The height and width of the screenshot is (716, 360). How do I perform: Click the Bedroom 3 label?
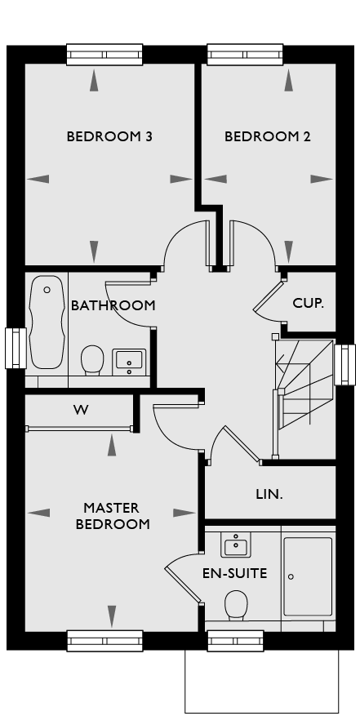point(109,136)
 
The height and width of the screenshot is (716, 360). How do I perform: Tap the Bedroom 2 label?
point(267,136)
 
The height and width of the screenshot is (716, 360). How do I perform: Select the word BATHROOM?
point(113,305)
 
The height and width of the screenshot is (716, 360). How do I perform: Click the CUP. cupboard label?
point(308,303)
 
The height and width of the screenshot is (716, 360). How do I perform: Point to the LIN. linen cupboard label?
point(269,494)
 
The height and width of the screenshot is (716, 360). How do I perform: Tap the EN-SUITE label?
point(235,573)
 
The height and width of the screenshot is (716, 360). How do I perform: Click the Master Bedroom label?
point(113,516)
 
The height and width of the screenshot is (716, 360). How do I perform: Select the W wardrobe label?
point(81,410)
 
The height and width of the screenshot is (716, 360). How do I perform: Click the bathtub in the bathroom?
point(47,322)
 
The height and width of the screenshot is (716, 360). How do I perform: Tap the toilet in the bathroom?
point(92,360)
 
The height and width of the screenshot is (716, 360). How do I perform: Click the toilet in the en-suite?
point(236,605)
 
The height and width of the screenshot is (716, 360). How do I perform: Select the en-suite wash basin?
point(236,542)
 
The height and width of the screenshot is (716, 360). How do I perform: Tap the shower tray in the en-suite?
point(308,576)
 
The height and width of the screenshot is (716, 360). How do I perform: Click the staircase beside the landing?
point(304,398)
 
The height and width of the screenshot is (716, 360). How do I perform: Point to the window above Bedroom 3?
point(104,55)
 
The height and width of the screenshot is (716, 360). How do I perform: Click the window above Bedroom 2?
point(246,55)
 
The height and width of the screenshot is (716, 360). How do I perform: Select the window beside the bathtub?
point(16,349)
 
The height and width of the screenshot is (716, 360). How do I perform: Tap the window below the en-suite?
point(236,641)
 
